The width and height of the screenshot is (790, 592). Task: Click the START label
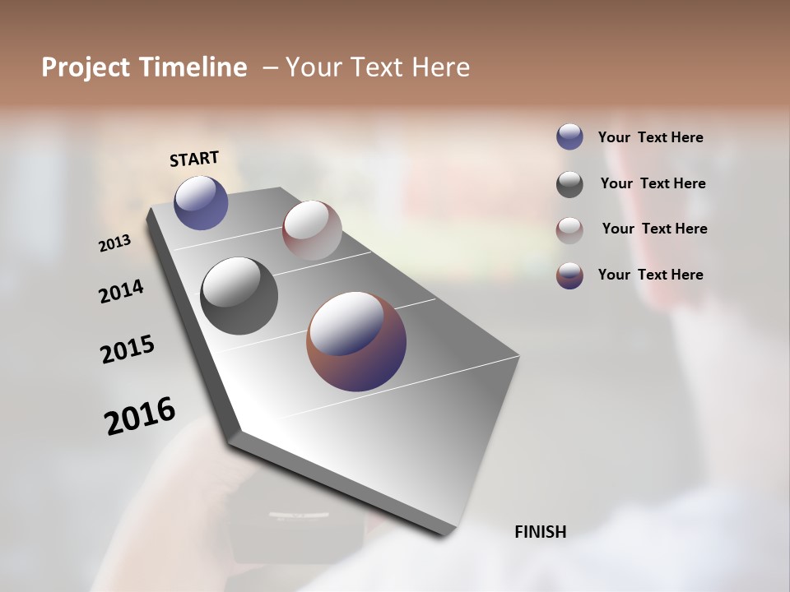(x=194, y=159)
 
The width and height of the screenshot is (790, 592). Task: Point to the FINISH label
(x=540, y=532)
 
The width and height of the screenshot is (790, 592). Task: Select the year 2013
(x=114, y=243)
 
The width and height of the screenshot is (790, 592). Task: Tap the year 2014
(x=121, y=291)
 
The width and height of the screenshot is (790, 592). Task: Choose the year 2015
(x=128, y=349)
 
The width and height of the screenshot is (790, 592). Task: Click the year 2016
(x=140, y=416)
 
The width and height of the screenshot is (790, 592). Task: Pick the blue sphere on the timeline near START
(x=201, y=202)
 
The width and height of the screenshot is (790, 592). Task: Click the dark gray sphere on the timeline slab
(x=239, y=296)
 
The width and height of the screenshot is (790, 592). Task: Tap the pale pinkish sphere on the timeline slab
(x=312, y=230)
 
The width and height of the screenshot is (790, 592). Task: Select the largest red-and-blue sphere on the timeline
(x=356, y=340)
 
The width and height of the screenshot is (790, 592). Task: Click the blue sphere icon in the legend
(x=569, y=136)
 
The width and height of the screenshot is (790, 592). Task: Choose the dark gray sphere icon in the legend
(x=569, y=184)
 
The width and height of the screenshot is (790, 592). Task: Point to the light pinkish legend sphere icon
(x=569, y=229)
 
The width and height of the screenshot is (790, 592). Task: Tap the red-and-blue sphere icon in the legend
(x=569, y=275)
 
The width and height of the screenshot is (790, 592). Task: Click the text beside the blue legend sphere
(x=650, y=138)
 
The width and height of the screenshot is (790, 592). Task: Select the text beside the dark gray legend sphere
(x=653, y=183)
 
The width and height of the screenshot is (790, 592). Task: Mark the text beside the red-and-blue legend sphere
(x=650, y=275)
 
